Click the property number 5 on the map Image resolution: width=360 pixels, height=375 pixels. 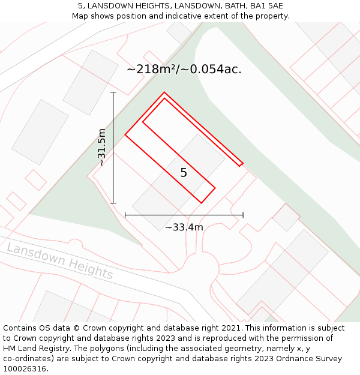click(184, 173)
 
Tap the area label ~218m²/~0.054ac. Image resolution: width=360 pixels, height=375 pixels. click(184, 69)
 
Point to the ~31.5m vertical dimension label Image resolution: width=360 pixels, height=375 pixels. click(101, 147)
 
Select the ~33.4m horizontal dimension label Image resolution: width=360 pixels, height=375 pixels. click(184, 227)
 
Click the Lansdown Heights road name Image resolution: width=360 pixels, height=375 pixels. click(60, 261)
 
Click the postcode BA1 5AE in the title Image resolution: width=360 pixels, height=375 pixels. click(267, 6)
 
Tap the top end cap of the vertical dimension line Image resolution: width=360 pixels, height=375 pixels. click(113, 92)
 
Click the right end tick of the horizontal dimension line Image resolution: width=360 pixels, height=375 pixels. click(243, 215)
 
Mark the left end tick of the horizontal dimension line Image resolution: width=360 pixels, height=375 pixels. click(125, 215)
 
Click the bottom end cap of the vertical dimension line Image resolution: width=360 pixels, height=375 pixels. click(113, 203)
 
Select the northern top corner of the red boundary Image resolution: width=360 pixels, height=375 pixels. click(164, 92)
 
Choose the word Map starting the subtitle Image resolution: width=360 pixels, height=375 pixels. click(80, 16)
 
